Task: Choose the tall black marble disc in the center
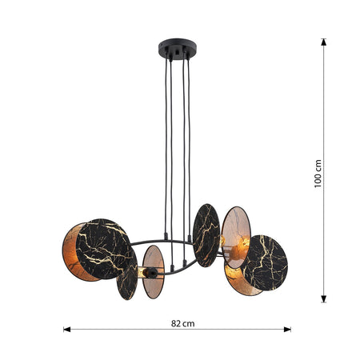(x=206, y=235)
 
